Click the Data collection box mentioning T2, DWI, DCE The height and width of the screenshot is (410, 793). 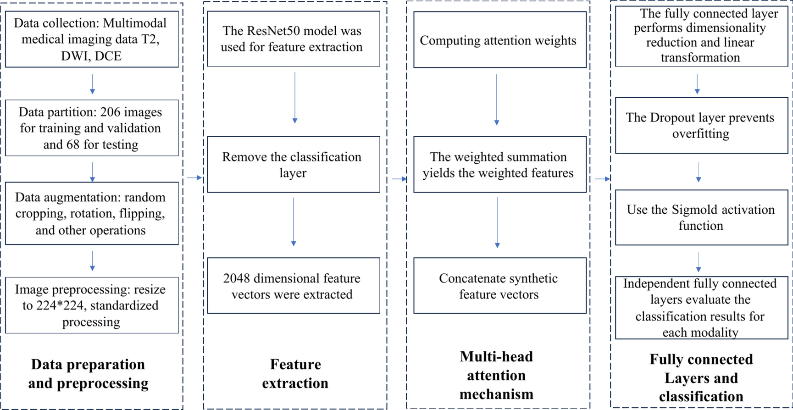point(92,39)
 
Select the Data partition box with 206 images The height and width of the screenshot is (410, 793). point(92,128)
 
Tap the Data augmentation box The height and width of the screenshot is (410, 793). point(92,213)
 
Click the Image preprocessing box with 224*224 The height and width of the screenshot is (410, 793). point(92,305)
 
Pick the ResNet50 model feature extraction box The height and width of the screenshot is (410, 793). point(293,39)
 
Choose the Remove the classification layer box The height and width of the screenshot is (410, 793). point(293,164)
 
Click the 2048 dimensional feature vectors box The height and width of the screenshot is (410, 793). point(293,286)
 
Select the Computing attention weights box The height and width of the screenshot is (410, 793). point(499,40)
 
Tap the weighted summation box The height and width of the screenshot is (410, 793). point(499,164)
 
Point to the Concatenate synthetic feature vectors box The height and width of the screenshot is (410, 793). point(499,286)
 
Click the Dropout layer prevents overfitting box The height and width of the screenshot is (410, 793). point(701,125)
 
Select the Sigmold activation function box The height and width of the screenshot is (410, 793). point(701,217)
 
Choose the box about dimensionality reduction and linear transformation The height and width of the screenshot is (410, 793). point(701,36)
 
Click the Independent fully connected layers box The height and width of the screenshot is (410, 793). point(701,308)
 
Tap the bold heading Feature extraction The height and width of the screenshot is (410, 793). point(295,373)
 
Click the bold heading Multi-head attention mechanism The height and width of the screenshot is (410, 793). point(497,375)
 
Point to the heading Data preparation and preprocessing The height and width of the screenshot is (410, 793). point(88,373)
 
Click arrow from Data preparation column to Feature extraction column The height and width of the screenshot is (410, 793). point(194,177)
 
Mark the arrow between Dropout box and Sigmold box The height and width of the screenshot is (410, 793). point(699,172)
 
